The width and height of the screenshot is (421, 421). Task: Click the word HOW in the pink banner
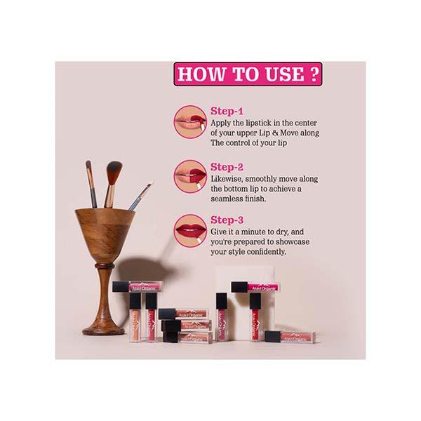204,74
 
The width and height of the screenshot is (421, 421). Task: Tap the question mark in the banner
312,74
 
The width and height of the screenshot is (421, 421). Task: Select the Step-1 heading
227,110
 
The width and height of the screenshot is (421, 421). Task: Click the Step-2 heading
227,168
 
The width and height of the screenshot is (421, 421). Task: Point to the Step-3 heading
227,220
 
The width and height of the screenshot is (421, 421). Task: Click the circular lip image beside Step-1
190,121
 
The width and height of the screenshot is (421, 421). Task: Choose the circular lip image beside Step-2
190,175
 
